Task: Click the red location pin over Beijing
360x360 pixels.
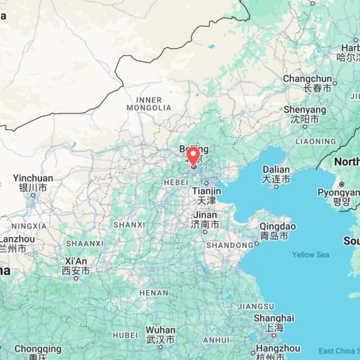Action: [193, 155]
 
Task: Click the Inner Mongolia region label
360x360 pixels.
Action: [149, 104]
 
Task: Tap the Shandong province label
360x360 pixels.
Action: [229, 245]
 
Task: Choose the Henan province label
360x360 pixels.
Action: [154, 293]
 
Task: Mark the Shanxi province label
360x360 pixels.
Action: [129, 224]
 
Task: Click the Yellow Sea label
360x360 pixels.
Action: [310, 255]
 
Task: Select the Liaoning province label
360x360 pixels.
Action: [316, 142]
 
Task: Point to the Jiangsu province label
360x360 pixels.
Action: [256, 306]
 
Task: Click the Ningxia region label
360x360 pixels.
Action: [28, 226]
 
